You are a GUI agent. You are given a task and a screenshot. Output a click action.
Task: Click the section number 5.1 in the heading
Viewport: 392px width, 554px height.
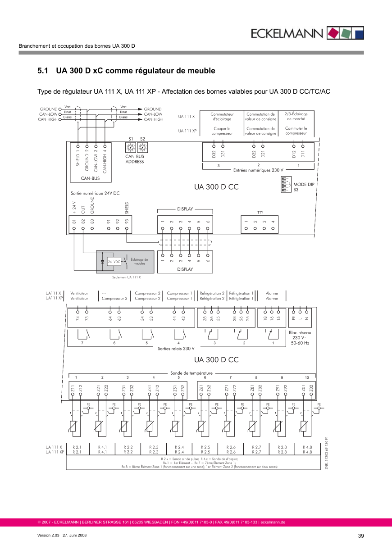(x=43, y=71)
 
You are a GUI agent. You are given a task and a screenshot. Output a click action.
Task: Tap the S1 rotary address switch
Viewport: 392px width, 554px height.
(x=130, y=148)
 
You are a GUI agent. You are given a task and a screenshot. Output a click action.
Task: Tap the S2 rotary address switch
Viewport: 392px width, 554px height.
(x=143, y=148)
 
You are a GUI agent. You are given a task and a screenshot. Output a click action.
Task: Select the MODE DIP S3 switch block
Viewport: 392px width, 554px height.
(x=285, y=184)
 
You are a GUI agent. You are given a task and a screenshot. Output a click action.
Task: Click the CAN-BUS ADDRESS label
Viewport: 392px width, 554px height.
(x=134, y=159)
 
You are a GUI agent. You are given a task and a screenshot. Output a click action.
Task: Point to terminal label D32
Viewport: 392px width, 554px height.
(x=214, y=154)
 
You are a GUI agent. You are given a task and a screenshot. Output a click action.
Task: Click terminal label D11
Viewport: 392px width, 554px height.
(x=303, y=154)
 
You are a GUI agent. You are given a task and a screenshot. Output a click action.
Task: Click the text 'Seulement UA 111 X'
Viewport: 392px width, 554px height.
(x=127, y=277)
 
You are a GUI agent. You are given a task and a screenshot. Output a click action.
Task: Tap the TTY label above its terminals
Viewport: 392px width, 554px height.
(x=260, y=212)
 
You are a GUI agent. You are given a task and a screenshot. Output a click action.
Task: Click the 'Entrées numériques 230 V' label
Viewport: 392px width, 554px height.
(x=258, y=170)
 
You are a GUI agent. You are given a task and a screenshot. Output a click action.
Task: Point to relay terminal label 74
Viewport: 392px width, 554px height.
(x=78, y=318)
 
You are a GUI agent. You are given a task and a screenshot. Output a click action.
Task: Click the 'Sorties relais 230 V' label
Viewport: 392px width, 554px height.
(x=176, y=348)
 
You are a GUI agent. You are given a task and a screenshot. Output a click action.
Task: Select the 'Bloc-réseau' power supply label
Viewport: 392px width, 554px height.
(x=300, y=332)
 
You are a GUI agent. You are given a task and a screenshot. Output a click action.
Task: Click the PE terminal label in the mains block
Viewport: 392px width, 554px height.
(x=294, y=318)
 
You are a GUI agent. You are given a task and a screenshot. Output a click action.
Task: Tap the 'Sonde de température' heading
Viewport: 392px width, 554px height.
(x=191, y=373)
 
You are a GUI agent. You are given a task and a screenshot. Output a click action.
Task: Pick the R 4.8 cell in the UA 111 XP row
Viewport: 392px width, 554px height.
(x=308, y=452)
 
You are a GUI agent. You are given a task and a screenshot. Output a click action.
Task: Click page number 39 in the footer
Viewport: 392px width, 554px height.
(x=360, y=536)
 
